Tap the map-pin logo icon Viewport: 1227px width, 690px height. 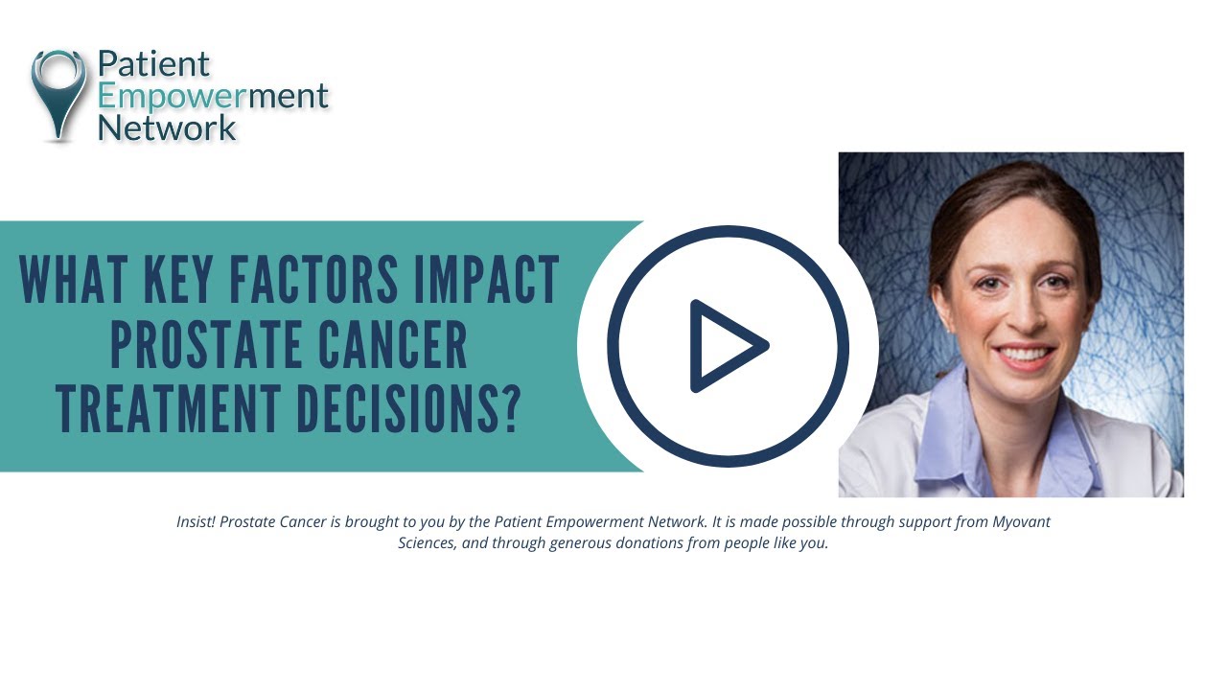(59, 93)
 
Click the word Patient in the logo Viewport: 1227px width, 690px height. (153, 64)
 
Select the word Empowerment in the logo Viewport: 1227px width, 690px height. (213, 96)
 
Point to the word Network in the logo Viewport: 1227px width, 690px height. (167, 127)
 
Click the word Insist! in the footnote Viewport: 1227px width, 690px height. (197, 522)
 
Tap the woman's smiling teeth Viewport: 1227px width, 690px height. (1026, 354)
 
